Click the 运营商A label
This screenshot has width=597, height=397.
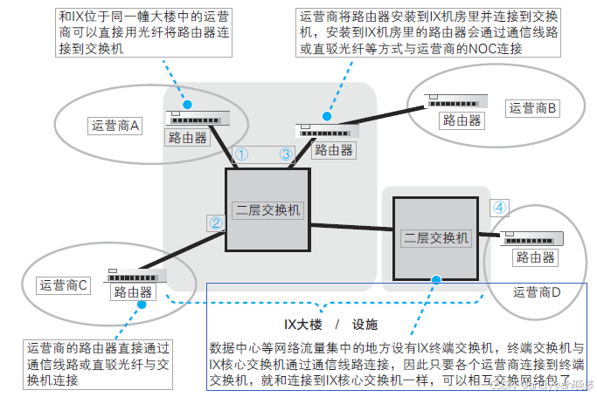coord(115,125)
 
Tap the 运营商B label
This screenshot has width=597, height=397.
coord(533,107)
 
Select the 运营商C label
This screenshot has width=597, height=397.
coord(63,284)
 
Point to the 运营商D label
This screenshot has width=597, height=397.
coord(536,291)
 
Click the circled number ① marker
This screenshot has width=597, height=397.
coord(242,154)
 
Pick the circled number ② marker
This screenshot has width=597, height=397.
coord(215,222)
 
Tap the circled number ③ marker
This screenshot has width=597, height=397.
coord(285,154)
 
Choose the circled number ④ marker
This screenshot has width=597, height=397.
coord(498,208)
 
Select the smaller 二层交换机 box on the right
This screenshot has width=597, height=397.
coord(434,237)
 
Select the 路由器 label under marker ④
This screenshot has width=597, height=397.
coord(535,257)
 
